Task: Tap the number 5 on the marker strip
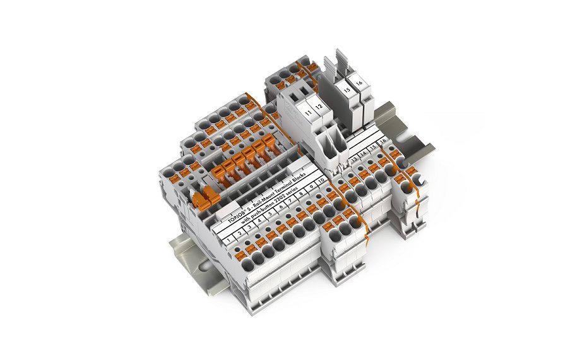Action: point(271,213)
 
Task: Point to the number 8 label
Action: point(301,194)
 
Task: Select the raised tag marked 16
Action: point(359,83)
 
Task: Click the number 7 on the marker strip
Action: point(291,201)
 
